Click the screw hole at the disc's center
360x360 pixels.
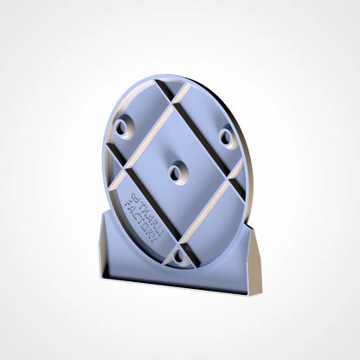(176, 173)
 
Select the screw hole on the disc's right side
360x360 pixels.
(226, 137)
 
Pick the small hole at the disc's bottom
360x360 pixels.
(179, 257)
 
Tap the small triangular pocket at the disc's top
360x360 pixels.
(172, 87)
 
